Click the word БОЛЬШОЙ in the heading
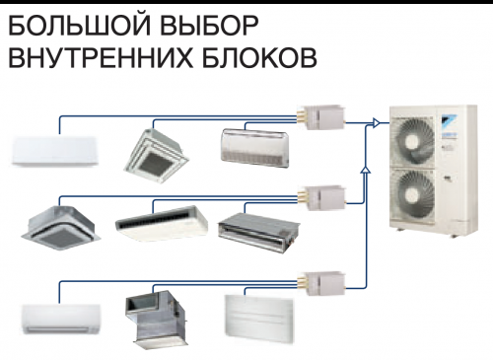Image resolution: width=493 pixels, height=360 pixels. (x=79, y=25)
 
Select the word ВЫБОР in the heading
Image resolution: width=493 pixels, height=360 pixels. (x=209, y=26)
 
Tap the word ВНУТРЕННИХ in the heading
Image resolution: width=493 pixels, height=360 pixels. (x=101, y=58)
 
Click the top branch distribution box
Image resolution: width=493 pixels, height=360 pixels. (x=321, y=117)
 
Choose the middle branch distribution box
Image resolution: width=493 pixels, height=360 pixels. (x=321, y=197)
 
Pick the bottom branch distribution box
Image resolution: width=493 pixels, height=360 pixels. (x=321, y=283)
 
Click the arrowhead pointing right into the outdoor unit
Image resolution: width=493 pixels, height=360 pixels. (x=377, y=123)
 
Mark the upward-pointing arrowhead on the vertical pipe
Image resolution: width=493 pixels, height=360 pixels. (x=366, y=170)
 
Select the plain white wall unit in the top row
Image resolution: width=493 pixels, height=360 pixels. (x=55, y=151)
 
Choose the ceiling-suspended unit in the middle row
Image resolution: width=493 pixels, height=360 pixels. (x=162, y=224)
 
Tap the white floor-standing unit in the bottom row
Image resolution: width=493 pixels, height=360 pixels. (x=259, y=315)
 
